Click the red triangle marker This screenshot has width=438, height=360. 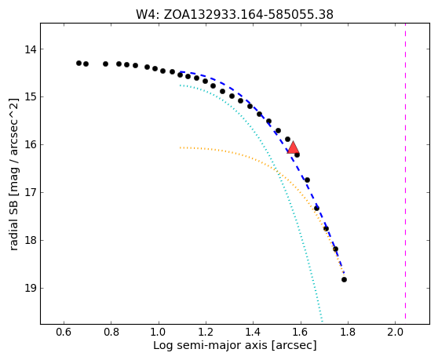293,148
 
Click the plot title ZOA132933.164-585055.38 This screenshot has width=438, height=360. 248,14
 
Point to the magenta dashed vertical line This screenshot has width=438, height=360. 405,171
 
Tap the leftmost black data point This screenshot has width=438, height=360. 78,63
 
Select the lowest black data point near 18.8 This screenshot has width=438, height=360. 344,279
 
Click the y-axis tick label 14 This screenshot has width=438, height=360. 31,49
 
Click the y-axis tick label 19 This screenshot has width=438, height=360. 31,288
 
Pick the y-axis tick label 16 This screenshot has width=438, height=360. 31,144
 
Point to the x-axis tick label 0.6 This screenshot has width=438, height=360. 64,332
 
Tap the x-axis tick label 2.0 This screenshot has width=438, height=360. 395,332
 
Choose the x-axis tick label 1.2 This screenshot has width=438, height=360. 206,332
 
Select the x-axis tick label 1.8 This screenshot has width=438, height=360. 348,332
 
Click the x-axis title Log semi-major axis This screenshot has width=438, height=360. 211,345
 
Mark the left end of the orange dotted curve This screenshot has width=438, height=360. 181,147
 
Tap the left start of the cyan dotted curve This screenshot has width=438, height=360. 181,85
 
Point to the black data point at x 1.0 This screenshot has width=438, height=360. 162,71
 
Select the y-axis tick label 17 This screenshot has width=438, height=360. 31,193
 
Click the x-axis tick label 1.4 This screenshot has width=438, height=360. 253,332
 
